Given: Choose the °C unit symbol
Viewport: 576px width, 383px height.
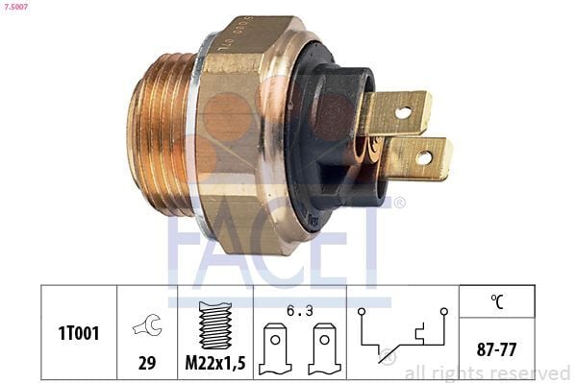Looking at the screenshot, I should click(x=496, y=300).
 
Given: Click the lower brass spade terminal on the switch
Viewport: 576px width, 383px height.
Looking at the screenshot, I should click(x=417, y=158).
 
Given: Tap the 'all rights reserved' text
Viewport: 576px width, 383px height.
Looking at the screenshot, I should click(x=487, y=372).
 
